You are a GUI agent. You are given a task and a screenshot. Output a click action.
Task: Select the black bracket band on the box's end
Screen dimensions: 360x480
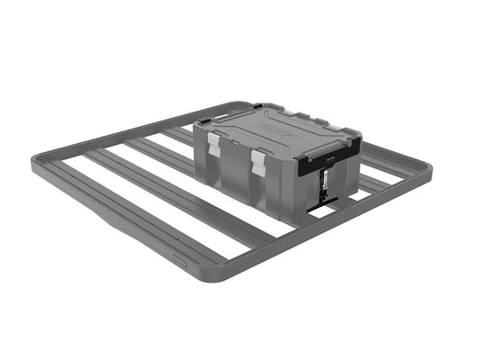coord(328,164)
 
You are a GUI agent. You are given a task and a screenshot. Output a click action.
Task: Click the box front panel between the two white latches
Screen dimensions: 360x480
coord(237,162)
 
